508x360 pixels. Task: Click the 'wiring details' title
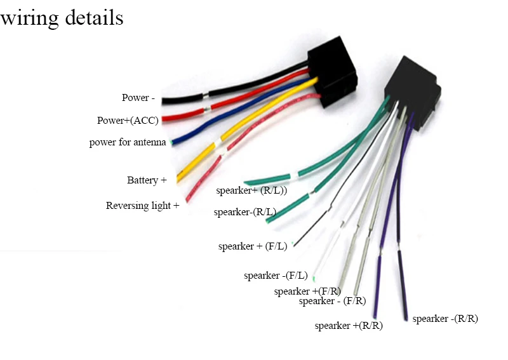pyautogui.click(x=62, y=18)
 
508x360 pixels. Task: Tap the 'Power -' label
pyautogui.click(x=138, y=98)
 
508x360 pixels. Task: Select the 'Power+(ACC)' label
pyautogui.click(x=128, y=121)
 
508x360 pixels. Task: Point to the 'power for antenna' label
pyautogui.click(x=128, y=142)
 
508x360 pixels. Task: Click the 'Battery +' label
pyautogui.click(x=147, y=180)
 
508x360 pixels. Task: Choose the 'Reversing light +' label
pyautogui.click(x=142, y=206)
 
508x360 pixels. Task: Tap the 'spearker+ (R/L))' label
pyautogui.click(x=251, y=190)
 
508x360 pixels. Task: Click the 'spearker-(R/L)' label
pyautogui.click(x=245, y=212)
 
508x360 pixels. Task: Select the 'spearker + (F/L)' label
pyautogui.click(x=253, y=246)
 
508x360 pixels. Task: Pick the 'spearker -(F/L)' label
pyautogui.click(x=276, y=276)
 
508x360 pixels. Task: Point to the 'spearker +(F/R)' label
pyautogui.click(x=307, y=291)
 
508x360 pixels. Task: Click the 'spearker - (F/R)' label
pyautogui.click(x=332, y=301)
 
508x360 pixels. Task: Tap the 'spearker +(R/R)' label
pyautogui.click(x=349, y=325)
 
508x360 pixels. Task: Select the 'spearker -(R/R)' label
pyautogui.click(x=445, y=319)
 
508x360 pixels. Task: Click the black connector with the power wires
pyautogui.click(x=332, y=72)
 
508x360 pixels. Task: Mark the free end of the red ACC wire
pyautogui.click(x=163, y=119)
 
